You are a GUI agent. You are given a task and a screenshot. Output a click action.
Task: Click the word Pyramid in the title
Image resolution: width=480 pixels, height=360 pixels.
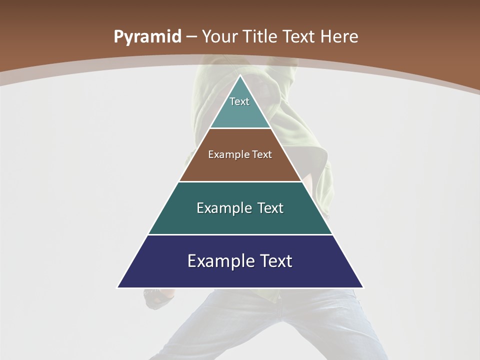[147, 37]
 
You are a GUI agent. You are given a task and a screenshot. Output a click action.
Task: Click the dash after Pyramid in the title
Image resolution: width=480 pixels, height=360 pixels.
[191, 37]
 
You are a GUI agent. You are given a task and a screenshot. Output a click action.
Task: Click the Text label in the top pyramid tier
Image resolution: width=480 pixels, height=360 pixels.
[239, 101]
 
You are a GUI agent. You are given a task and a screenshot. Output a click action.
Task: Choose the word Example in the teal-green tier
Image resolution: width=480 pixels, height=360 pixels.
[219, 208]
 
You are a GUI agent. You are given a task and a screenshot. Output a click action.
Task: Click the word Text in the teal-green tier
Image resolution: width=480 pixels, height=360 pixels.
[270, 208]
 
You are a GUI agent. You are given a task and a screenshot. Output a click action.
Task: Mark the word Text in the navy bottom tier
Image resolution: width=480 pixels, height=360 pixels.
[276, 261]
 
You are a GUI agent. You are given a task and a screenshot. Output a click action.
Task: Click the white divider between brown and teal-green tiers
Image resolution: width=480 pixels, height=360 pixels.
[240, 181]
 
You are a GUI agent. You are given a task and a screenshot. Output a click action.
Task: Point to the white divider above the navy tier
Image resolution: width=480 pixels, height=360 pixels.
[240, 234]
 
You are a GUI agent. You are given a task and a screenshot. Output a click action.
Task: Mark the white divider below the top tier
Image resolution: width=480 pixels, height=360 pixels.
[240, 128]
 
